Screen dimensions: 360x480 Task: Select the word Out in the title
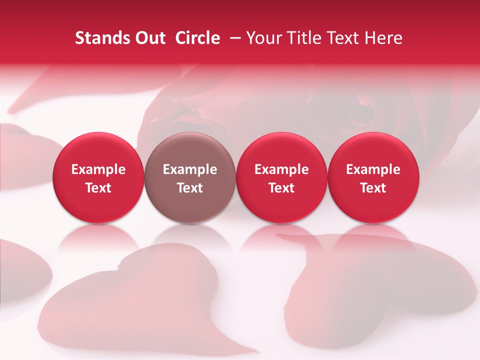tap(148, 38)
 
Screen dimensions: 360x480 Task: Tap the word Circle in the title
tap(197, 38)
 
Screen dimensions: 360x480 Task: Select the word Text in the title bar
tap(341, 38)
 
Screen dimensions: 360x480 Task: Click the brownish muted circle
tap(190, 177)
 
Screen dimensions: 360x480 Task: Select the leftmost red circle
tap(98, 177)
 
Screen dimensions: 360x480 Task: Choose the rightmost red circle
tap(373, 177)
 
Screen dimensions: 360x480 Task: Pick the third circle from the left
tap(281, 177)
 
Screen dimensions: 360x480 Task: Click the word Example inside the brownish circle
tap(190, 169)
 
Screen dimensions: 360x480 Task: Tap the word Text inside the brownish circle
tap(190, 188)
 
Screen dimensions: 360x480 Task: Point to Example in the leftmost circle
tap(98, 169)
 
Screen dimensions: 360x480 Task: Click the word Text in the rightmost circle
tap(373, 188)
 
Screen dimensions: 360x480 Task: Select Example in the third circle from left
tap(281, 169)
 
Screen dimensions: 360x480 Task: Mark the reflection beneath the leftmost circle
tap(98, 239)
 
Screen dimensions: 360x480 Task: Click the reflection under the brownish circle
tap(190, 239)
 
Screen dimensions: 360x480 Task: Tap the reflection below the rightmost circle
tap(373, 239)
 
